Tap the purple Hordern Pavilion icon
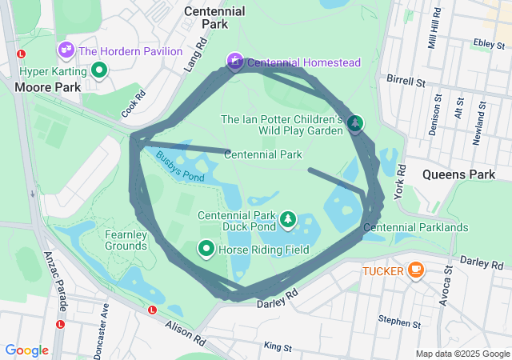(x=66, y=50)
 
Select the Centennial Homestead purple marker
(x=234, y=61)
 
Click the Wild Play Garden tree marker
(x=354, y=122)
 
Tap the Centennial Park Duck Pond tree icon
(x=287, y=218)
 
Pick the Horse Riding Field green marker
(x=205, y=250)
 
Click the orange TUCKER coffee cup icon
(x=415, y=270)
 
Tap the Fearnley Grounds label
(x=126, y=240)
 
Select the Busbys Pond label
(x=180, y=166)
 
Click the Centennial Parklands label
(x=415, y=227)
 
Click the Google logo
(x=26, y=350)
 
